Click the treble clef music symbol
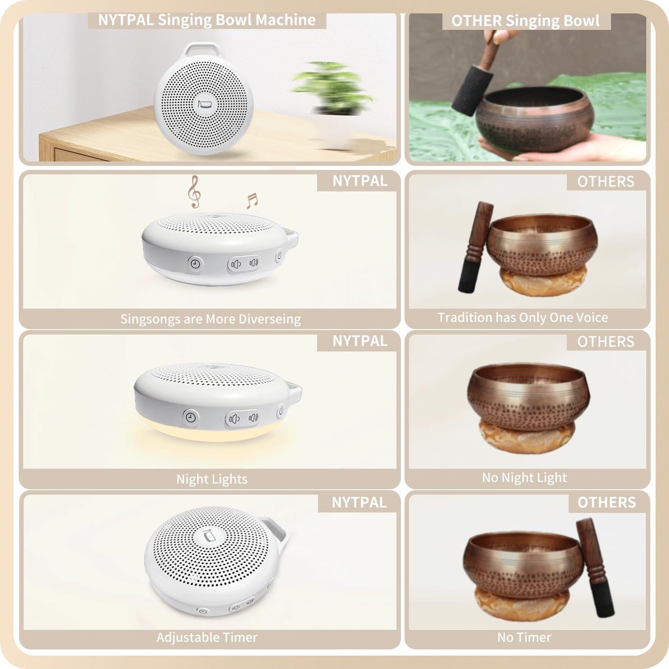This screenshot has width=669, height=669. click(194, 192)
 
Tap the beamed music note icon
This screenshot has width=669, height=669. click(252, 200)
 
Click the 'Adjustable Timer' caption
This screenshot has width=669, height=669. click(207, 638)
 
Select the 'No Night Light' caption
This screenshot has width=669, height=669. click(524, 478)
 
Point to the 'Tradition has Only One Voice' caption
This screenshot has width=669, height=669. click(523, 318)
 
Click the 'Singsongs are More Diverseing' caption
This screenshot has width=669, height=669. click(210, 319)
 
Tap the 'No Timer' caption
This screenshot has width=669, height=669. click(524, 638)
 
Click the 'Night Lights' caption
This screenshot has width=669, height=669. click(212, 479)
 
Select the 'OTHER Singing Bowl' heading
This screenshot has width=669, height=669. click(525, 21)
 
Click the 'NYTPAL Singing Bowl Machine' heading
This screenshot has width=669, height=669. click(207, 20)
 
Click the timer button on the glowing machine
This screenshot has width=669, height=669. click(191, 417)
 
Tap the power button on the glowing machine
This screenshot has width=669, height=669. click(281, 410)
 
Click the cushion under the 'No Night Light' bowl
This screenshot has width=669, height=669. click(527, 436)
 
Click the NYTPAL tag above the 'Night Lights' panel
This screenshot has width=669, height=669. click(360, 341)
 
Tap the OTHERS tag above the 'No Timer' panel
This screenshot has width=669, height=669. click(606, 502)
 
